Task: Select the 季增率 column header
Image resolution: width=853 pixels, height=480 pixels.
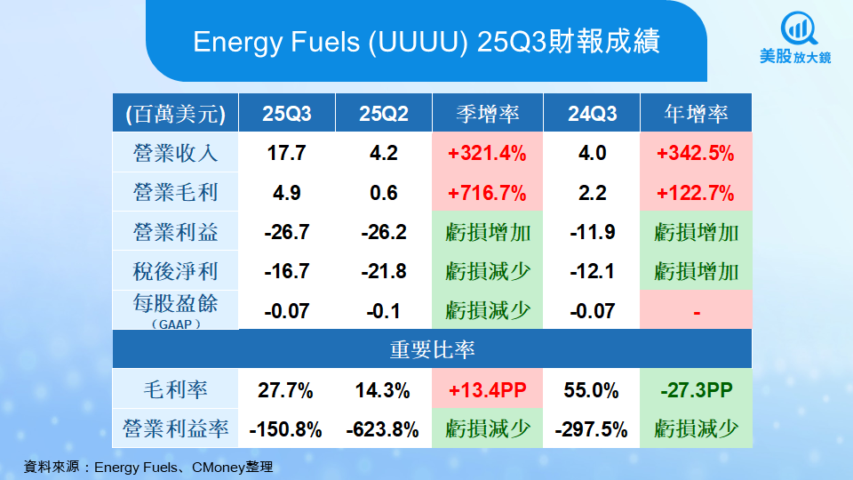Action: pyautogui.click(x=487, y=114)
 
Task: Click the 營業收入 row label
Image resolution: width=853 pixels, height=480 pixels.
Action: pyautogui.click(x=175, y=153)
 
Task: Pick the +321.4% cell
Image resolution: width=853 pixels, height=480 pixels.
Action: pyautogui.click(x=487, y=153)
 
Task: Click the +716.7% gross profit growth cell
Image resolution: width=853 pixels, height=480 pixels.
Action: pyautogui.click(x=487, y=193)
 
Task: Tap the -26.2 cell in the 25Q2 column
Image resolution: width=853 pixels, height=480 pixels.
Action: pyautogui.click(x=383, y=233)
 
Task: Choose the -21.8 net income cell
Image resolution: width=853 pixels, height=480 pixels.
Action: pyautogui.click(x=383, y=271)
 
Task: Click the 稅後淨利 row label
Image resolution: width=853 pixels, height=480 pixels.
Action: pyautogui.click(x=175, y=271)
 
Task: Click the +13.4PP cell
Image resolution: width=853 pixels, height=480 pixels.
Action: pyautogui.click(x=487, y=390)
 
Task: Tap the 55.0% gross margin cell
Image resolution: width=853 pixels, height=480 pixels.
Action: pyautogui.click(x=592, y=390)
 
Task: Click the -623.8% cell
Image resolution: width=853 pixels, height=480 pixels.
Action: pyautogui.click(x=383, y=430)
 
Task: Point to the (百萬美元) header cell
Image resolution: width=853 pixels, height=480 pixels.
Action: pyautogui.click(x=175, y=114)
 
